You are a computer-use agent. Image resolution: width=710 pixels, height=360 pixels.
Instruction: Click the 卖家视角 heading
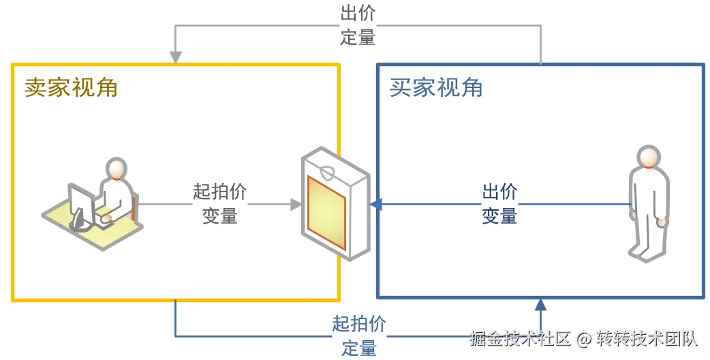click(72, 87)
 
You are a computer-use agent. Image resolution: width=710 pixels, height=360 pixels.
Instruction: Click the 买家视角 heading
click(436, 87)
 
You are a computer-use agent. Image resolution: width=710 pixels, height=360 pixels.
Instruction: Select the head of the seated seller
click(117, 168)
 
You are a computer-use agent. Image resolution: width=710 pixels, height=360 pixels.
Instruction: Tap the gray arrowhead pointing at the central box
click(296, 204)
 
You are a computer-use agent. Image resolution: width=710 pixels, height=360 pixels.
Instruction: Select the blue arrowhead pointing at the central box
click(375, 204)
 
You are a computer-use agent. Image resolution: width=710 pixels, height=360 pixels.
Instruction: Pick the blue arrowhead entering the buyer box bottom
click(541, 305)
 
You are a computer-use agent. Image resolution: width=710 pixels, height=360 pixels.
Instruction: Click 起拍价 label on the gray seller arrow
click(219, 192)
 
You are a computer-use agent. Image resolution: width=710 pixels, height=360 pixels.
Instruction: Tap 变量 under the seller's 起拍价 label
click(219, 215)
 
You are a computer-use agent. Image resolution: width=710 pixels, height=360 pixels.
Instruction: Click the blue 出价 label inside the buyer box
click(499, 192)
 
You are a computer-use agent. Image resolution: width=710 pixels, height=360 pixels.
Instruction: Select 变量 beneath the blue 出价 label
click(499, 216)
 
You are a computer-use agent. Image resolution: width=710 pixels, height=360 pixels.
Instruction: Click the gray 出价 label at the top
click(358, 13)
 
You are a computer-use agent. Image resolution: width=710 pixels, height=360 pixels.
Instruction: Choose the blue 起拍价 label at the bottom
click(359, 324)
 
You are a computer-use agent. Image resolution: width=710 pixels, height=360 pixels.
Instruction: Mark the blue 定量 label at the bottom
click(359, 348)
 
